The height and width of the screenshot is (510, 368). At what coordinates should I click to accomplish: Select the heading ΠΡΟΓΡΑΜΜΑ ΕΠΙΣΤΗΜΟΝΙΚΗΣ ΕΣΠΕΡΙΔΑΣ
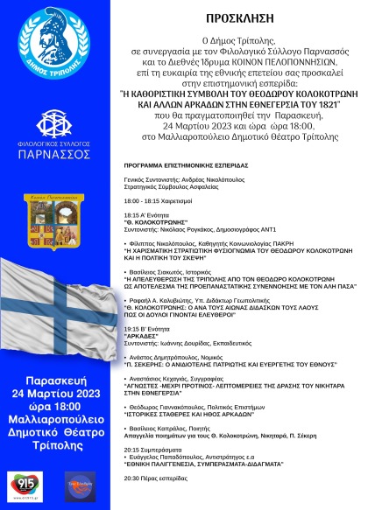[179, 164]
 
